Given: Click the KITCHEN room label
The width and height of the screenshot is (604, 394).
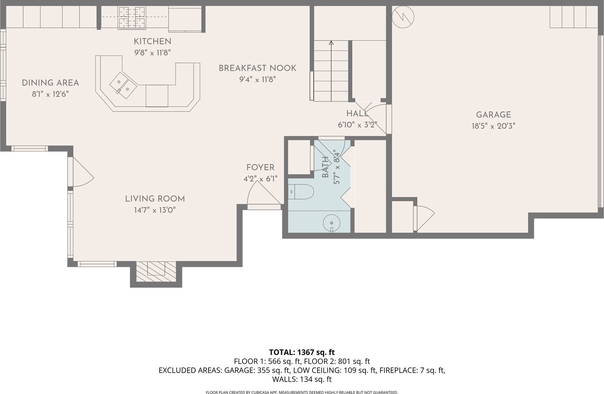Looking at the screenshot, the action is pos(152,42).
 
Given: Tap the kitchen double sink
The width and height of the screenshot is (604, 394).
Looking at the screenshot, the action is pos(123,85).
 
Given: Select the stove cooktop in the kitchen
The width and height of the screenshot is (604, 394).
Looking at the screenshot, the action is pos(132,18).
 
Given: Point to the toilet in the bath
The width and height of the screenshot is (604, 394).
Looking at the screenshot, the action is pos(301,192).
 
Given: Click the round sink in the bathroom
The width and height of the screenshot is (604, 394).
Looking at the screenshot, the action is pos(332,223).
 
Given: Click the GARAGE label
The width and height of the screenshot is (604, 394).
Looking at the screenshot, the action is pos(493,115).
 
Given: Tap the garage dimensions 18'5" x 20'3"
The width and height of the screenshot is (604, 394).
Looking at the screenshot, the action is pos(493,126).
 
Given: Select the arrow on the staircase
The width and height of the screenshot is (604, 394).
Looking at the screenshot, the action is pos(331,71).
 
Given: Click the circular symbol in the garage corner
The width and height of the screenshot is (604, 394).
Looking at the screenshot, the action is pos(403,17).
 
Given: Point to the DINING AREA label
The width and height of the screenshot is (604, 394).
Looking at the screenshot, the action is pos(50,83).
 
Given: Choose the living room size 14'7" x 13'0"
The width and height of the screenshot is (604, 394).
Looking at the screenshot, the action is pos(155,210).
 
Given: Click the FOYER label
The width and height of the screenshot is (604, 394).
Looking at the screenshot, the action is pos(260,167).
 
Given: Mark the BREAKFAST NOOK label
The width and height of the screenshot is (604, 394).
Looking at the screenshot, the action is pos(258,68).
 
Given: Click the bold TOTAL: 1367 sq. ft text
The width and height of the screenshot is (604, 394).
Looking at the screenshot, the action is pos(302,352).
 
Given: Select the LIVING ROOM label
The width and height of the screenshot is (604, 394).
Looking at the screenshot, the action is pos(155,199).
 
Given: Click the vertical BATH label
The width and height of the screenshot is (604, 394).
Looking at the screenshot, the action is pos(325,167).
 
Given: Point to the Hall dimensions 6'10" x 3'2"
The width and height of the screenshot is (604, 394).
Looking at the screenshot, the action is pos(357,125).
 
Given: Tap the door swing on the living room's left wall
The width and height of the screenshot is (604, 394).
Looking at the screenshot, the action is pos(83,172).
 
